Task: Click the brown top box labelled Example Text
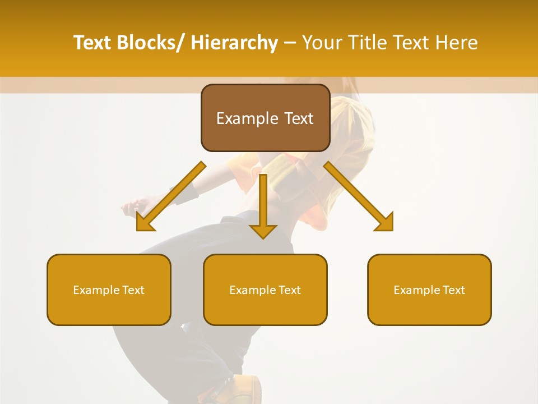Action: tap(265, 118)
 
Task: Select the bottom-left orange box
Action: tap(109, 290)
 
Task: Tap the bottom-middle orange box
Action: tap(265, 290)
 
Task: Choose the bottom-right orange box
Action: tap(429, 290)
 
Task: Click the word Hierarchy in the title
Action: tap(234, 43)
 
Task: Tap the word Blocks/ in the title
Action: tap(152, 43)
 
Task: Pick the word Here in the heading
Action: tap(458, 43)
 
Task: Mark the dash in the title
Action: tap(290, 43)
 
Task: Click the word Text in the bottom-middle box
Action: tap(289, 290)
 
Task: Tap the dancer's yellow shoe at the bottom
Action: tap(247, 390)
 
